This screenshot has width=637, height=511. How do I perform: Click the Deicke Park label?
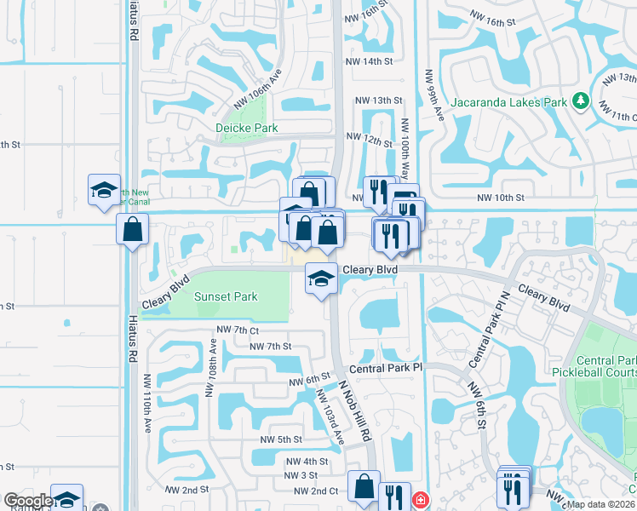point(246,128)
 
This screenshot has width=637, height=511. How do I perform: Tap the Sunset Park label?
point(225,296)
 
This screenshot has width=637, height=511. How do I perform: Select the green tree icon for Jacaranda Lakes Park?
point(580,101)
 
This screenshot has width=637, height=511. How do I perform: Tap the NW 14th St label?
point(369,61)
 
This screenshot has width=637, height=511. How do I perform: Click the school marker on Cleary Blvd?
point(320,278)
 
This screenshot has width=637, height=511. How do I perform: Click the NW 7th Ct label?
point(237,330)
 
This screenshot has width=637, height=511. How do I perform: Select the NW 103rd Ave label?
point(330,417)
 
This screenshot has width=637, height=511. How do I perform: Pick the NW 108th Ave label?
point(212,374)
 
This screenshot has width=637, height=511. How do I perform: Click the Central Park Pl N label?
point(482,329)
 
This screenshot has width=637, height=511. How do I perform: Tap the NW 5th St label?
point(281,439)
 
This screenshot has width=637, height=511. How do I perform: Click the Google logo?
point(27,501)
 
